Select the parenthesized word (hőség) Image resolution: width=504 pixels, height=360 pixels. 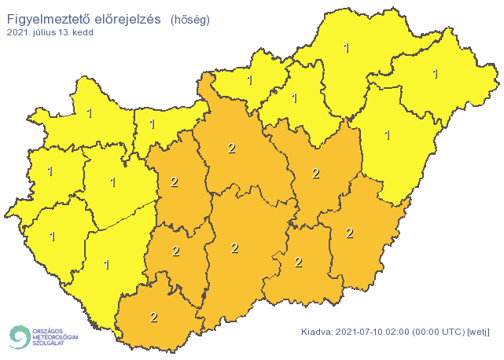[x=190, y=17]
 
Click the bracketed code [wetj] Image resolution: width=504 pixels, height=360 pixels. [x=479, y=332]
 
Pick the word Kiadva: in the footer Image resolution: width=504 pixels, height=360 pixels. [x=318, y=332]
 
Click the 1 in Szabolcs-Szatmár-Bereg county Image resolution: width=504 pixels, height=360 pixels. [x=434, y=75]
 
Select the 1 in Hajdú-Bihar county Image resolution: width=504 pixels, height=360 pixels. [x=387, y=135]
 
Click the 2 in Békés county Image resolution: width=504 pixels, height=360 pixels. [x=349, y=233]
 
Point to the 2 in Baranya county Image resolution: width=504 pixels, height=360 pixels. [x=153, y=317]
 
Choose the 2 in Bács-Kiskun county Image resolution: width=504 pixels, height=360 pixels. [x=234, y=248]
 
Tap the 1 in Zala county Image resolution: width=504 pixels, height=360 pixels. [x=52, y=236]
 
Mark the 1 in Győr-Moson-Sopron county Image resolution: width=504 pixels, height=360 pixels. [x=88, y=113]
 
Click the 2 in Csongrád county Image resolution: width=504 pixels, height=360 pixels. [x=298, y=262]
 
